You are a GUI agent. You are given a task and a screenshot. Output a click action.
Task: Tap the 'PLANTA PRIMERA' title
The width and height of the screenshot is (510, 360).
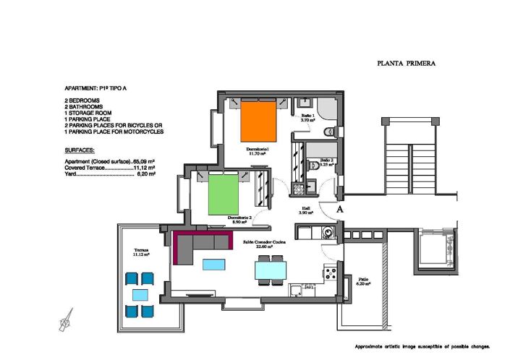pyautogui.click(x=406, y=64)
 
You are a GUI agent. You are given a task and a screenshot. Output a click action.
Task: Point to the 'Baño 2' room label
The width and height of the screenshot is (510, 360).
pyautogui.click(x=326, y=162)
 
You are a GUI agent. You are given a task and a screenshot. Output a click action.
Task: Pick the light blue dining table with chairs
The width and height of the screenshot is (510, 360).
pyautogui.click(x=271, y=270)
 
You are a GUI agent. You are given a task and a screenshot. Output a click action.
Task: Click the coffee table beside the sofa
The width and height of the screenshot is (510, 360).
pyautogui.click(x=214, y=265)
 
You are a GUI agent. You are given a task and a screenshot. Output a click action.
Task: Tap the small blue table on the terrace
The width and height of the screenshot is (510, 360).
pyautogui.click(x=137, y=295)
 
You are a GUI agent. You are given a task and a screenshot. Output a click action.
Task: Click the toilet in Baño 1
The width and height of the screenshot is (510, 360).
pyautogui.click(x=329, y=131)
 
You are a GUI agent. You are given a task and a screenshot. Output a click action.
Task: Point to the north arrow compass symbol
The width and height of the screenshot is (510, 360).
pyautogui.click(x=67, y=317)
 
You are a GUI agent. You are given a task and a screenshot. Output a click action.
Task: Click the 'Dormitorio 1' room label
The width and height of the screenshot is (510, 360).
pyautogui.click(x=258, y=150)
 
